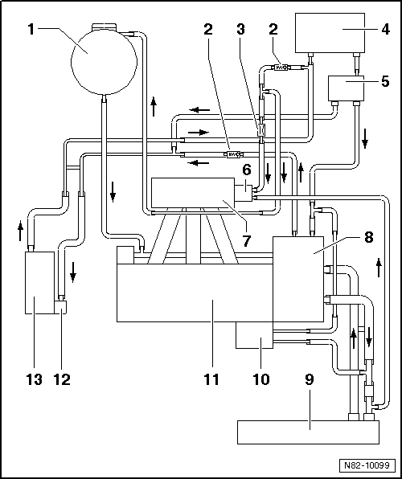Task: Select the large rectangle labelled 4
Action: tap(342, 32)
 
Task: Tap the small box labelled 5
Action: tap(347, 86)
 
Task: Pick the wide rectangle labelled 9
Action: tap(308, 432)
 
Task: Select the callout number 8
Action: tap(367, 237)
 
